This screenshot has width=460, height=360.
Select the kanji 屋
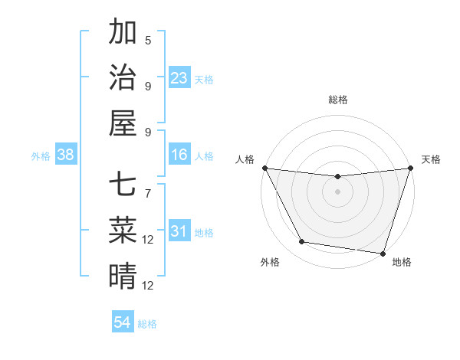coord(123,122)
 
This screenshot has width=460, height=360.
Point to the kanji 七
coord(123,185)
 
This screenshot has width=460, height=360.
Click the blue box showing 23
coord(179,78)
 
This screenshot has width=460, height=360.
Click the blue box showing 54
coord(123,323)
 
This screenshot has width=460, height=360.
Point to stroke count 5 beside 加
coord(148,40)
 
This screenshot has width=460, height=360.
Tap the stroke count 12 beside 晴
coord(148,285)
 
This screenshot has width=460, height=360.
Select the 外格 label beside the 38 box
coord(41,156)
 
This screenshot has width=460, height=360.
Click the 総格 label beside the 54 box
coord(147,324)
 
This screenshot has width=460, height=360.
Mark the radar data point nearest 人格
coord(264,168)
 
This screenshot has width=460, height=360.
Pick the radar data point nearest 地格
coord(383,253)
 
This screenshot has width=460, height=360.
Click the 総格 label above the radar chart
coord(337,100)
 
